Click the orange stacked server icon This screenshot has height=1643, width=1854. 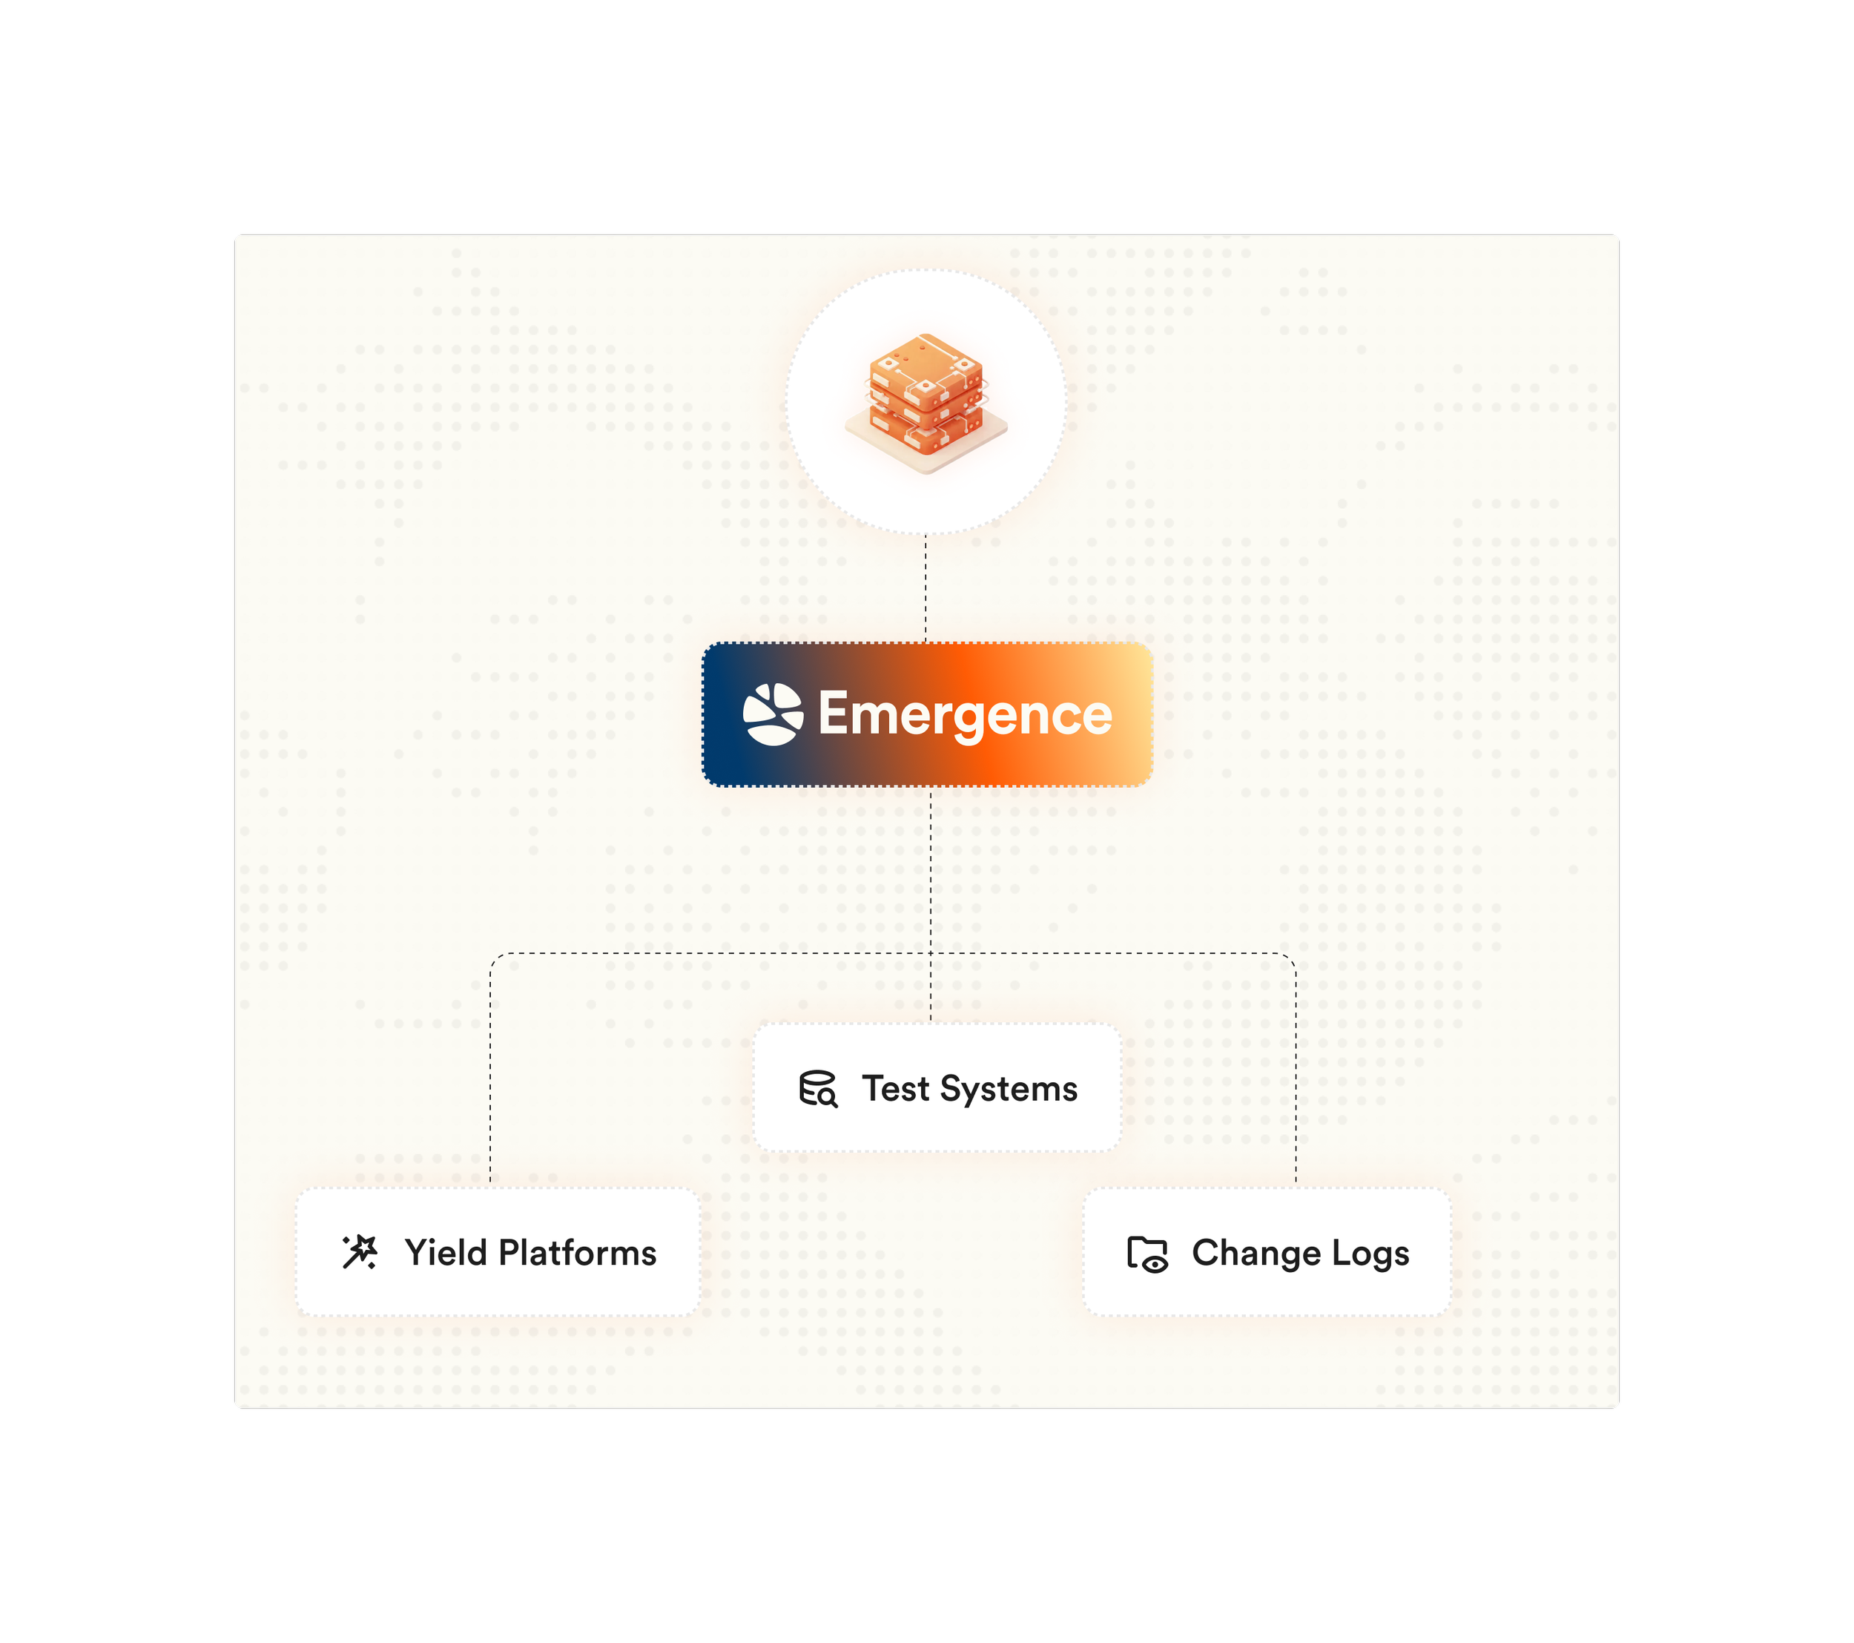926,391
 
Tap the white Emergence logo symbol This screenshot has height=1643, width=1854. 773,714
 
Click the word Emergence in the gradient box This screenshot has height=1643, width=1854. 965,715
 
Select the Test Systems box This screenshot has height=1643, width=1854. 937,1087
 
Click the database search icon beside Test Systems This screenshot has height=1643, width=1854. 817,1089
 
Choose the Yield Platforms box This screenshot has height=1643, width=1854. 497,1252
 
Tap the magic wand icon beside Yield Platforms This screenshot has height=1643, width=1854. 359,1252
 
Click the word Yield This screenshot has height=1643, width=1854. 446,1253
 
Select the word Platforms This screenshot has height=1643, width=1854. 578,1253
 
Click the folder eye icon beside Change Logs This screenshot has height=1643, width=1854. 1147,1254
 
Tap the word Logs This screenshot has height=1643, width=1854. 1370,1253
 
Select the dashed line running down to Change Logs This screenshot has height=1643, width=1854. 1296,1070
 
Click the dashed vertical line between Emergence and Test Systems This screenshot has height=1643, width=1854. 931,871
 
